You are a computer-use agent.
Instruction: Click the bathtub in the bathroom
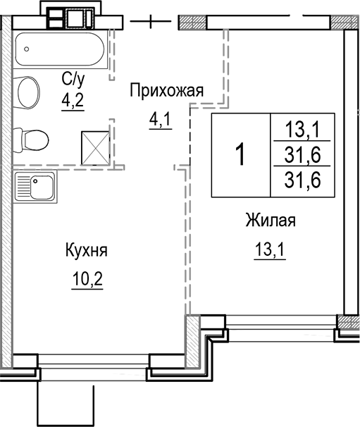[60, 49]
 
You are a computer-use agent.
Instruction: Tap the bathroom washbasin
[28, 92]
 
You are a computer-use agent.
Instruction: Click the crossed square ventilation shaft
[96, 145]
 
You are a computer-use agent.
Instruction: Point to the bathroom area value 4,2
[73, 98]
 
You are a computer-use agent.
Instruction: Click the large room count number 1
[240, 154]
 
